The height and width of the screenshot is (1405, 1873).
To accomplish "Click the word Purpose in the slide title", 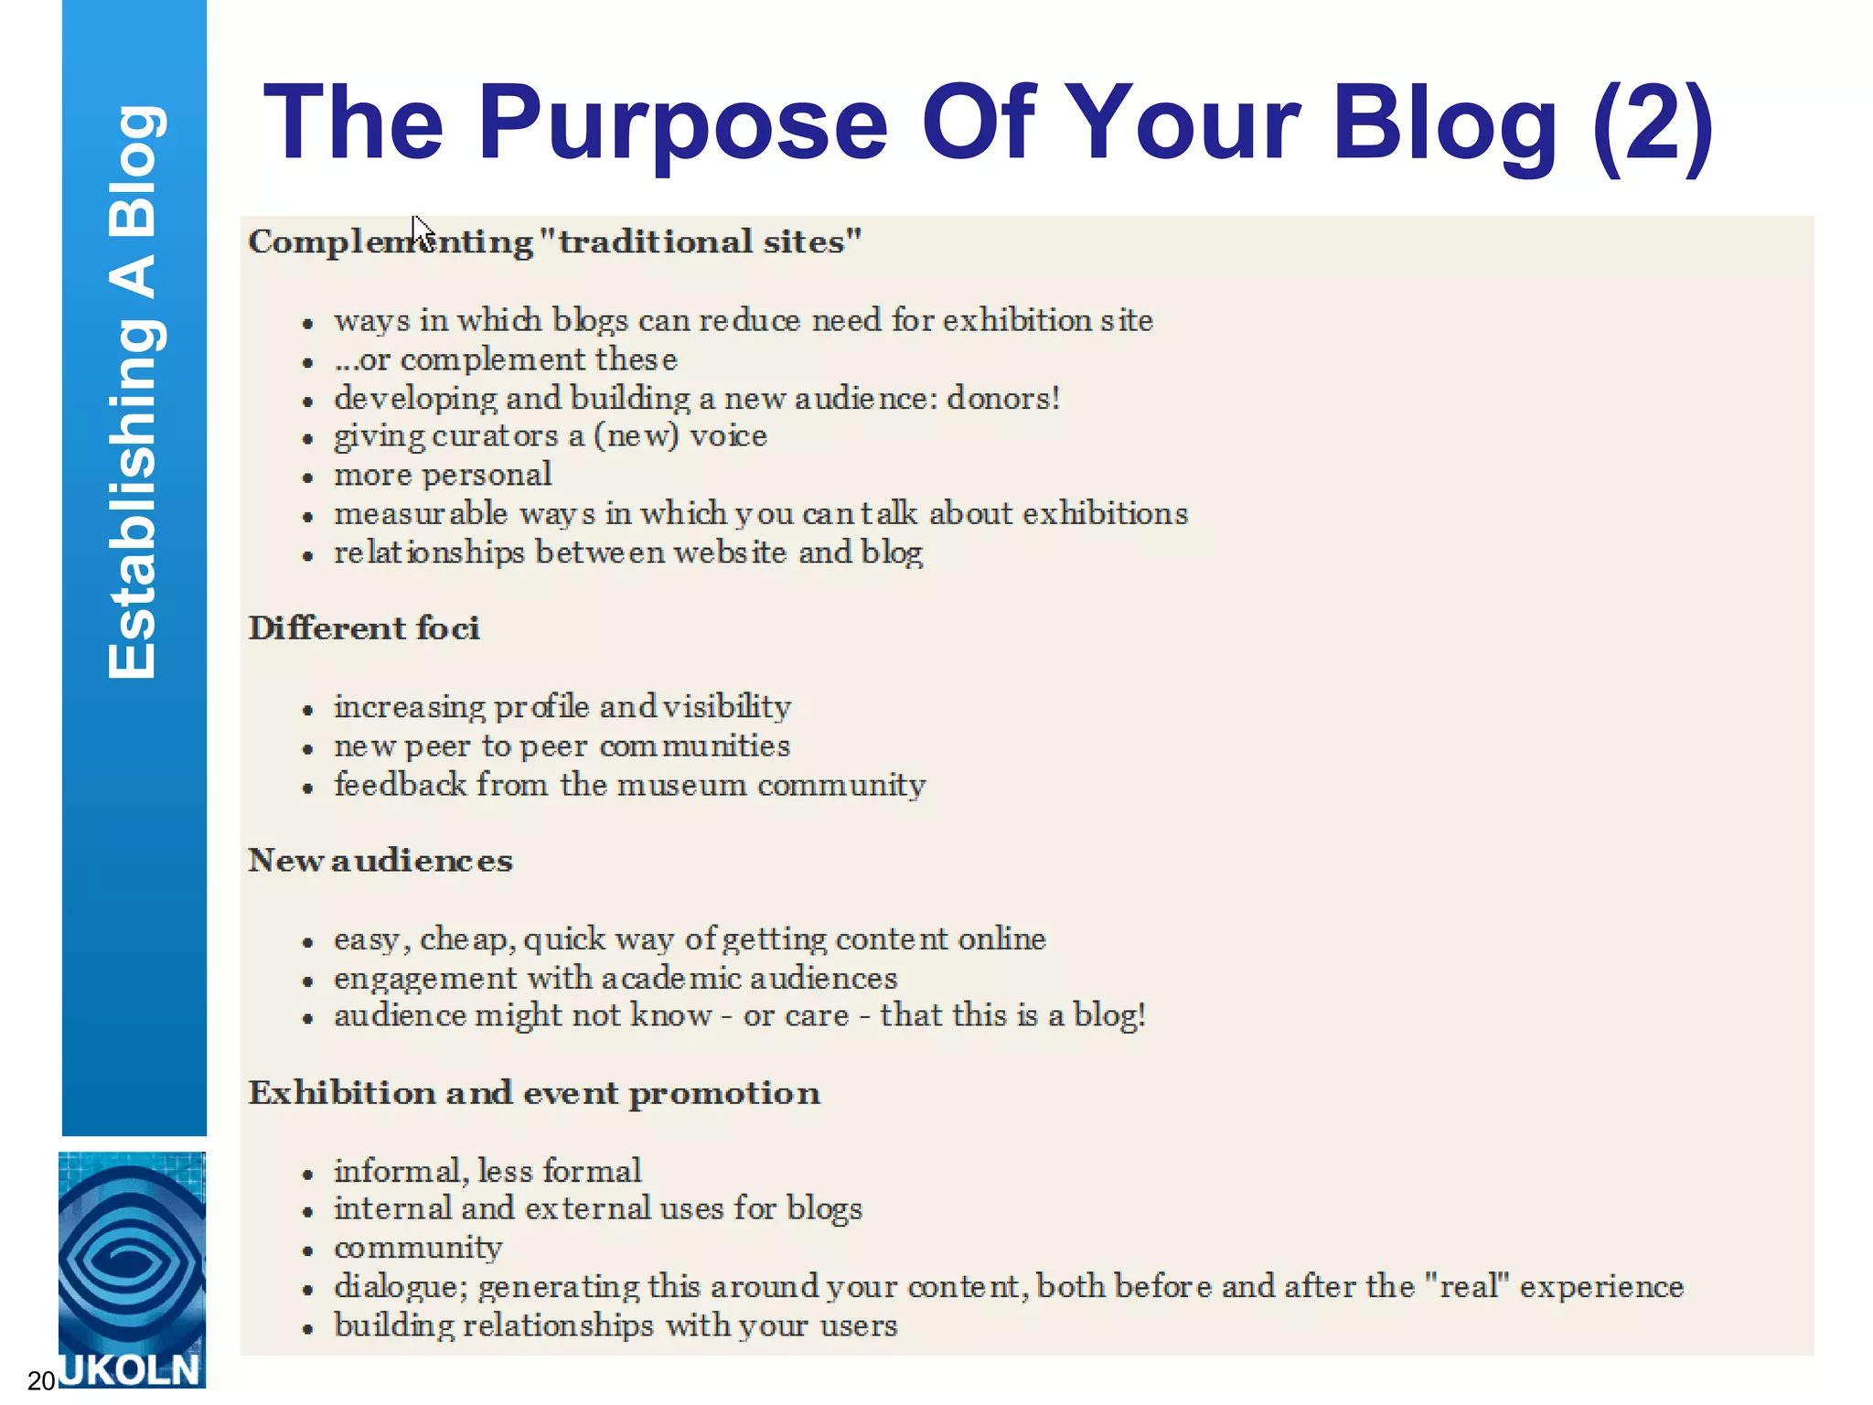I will (682, 124).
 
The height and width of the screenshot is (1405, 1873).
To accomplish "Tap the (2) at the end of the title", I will (1652, 124).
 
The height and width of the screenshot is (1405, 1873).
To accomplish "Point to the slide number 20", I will (42, 1380).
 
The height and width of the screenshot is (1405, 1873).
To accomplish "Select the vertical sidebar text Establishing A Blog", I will (134, 393).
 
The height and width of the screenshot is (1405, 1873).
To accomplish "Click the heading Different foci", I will (364, 628).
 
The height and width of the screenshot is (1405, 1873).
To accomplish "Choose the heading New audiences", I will (380, 861).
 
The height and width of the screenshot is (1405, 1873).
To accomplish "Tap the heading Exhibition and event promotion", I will (534, 1093).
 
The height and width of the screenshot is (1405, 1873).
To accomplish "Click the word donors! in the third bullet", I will (1003, 399).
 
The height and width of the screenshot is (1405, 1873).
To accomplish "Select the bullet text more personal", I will (443, 476).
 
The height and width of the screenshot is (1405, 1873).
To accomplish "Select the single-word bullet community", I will (418, 1249).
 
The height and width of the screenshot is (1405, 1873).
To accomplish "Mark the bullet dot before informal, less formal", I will (308, 1174).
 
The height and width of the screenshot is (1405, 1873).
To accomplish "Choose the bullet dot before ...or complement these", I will (308, 363).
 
